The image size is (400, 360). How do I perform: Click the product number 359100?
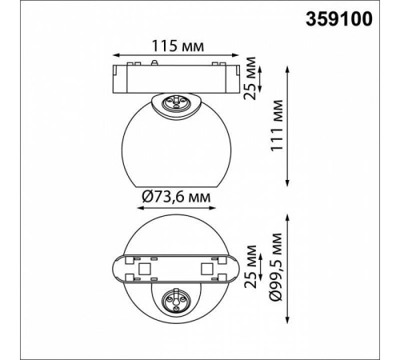[338, 19]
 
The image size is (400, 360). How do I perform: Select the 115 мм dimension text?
[178, 46]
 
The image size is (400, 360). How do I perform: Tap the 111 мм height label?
[277, 126]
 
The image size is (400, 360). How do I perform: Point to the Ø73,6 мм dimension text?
[176, 197]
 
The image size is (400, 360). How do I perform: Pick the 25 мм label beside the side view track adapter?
[250, 78]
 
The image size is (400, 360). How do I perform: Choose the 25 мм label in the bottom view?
[250, 266]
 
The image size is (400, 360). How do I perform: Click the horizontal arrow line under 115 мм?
[175, 55]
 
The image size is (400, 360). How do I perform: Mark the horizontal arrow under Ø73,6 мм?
[176, 208]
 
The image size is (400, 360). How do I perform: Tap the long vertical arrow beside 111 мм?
[287, 126]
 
